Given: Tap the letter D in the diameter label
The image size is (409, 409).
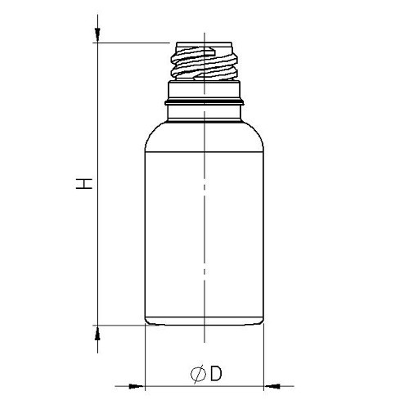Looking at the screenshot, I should coord(216,374).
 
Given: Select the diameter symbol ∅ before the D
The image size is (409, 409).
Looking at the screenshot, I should coord(197,375).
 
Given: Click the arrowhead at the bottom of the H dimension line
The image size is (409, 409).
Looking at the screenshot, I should coord(97,330).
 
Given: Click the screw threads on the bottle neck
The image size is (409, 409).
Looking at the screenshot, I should coord(204,62).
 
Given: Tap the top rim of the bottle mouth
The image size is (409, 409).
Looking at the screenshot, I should coord(204,43).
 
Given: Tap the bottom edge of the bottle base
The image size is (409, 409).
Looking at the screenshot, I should coord(204,325).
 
